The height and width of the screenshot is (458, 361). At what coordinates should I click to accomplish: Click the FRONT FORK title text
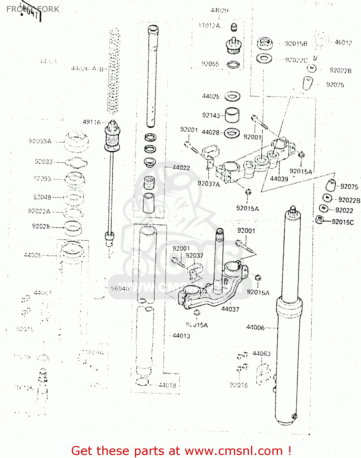33,9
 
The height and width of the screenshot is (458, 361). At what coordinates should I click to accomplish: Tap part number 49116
91,122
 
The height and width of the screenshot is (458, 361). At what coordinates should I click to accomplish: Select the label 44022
181,168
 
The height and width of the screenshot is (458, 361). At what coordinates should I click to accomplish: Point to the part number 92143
211,115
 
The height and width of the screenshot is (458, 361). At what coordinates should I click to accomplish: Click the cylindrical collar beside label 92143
232,115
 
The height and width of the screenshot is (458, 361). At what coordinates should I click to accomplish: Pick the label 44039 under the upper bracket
279,179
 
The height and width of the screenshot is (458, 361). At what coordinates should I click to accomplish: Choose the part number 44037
230,309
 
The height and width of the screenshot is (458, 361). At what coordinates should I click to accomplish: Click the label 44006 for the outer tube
255,328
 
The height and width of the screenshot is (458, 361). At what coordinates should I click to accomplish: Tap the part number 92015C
343,222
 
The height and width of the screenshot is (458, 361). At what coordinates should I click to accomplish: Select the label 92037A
209,184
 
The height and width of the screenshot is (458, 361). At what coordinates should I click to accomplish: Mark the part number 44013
181,336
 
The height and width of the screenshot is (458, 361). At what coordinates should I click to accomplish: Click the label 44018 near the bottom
167,385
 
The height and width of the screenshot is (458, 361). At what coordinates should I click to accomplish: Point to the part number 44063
261,354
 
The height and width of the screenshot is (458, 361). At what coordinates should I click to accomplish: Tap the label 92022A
39,211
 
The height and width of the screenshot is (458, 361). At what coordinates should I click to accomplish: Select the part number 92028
41,226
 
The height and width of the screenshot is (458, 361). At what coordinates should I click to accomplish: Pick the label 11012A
210,26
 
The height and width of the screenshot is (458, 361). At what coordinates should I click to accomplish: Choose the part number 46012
343,42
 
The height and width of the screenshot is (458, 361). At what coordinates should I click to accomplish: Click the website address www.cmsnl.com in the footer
234,451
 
